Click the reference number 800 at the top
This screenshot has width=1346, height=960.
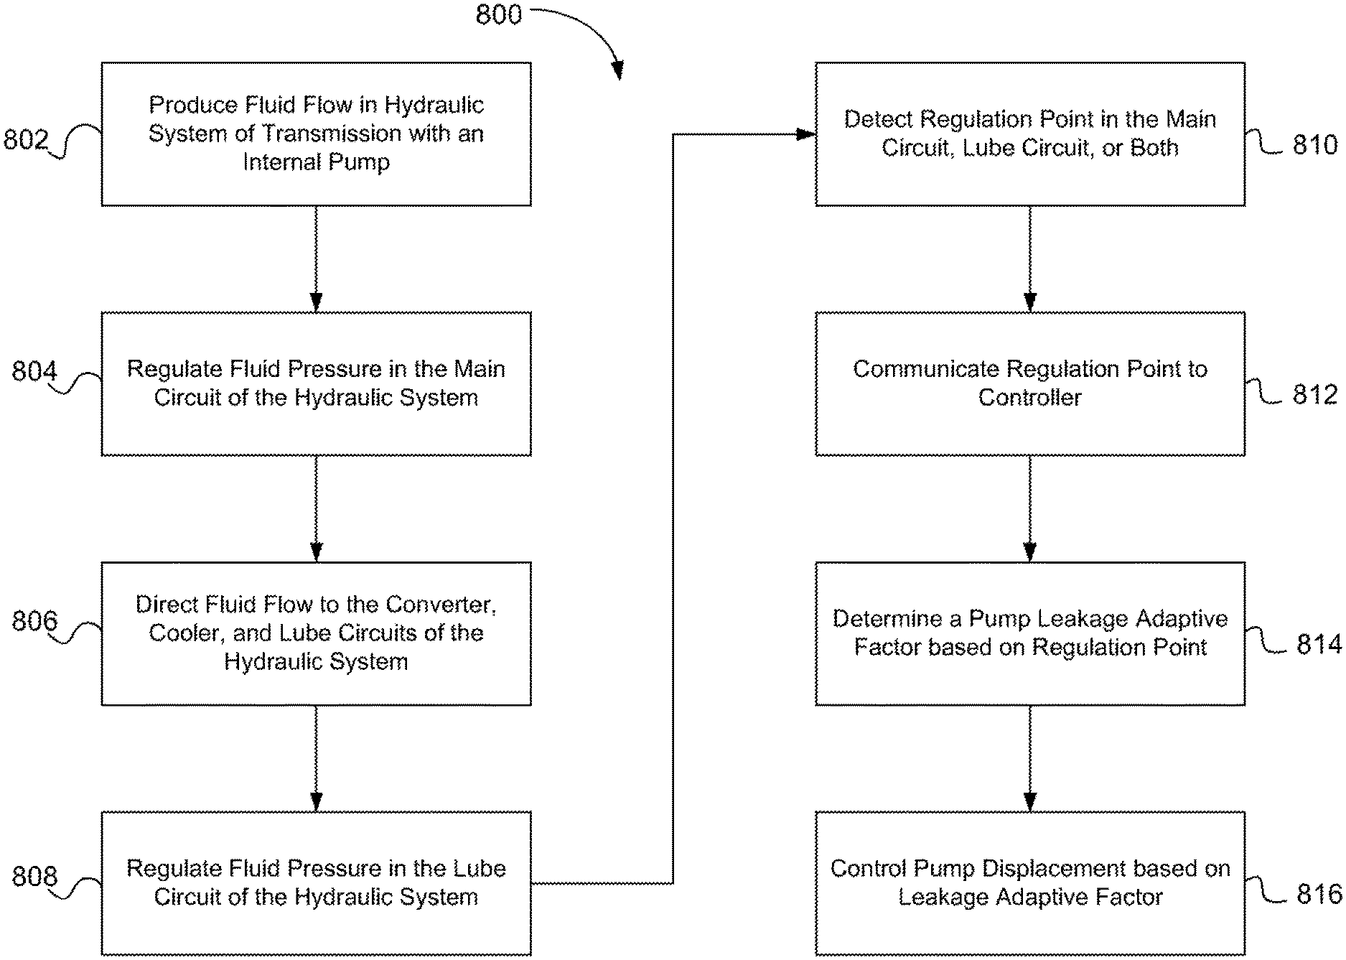click(x=499, y=14)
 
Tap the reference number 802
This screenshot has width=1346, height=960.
click(x=26, y=139)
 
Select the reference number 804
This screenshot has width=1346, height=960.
click(x=34, y=371)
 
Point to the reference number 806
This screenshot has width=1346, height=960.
click(x=34, y=620)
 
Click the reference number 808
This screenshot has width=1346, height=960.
click(x=34, y=876)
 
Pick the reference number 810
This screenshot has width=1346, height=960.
click(x=1315, y=145)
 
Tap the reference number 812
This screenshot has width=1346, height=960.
click(x=1315, y=394)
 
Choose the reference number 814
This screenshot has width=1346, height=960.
click(x=1319, y=644)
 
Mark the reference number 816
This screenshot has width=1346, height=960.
click(x=1319, y=894)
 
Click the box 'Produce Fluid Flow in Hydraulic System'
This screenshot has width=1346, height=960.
click(x=316, y=134)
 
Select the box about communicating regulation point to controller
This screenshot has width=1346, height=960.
click(x=1030, y=383)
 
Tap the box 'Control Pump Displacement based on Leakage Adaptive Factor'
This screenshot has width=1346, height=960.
click(x=1030, y=883)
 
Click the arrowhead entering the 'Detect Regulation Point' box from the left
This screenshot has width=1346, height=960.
click(x=808, y=134)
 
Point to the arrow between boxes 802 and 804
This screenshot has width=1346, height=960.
click(x=316, y=259)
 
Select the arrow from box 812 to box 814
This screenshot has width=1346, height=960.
click(x=1030, y=508)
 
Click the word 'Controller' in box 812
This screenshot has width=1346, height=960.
click(x=1029, y=397)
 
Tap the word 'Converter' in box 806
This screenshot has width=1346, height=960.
click(x=439, y=605)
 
